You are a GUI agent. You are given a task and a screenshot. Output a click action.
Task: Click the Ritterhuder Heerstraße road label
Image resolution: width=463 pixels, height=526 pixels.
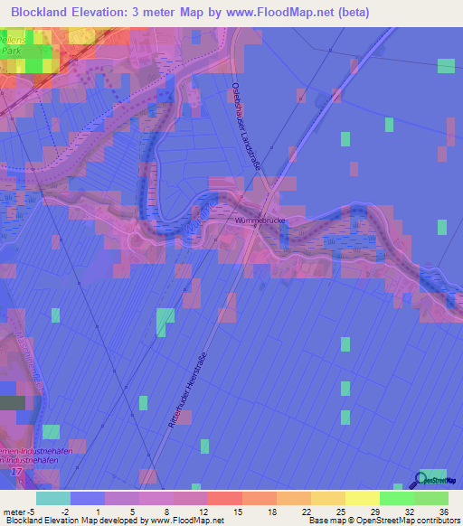pos(188,389)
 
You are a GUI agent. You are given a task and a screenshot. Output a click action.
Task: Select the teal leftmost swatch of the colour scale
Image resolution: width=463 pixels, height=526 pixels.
pos(53,498)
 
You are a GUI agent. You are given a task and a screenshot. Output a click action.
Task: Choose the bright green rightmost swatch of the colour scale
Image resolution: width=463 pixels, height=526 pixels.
pos(431,498)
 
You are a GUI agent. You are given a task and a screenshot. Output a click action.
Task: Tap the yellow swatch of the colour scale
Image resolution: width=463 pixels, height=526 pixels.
pos(362,498)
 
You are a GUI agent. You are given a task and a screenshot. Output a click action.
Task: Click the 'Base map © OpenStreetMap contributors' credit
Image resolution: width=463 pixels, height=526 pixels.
pos(383,521)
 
